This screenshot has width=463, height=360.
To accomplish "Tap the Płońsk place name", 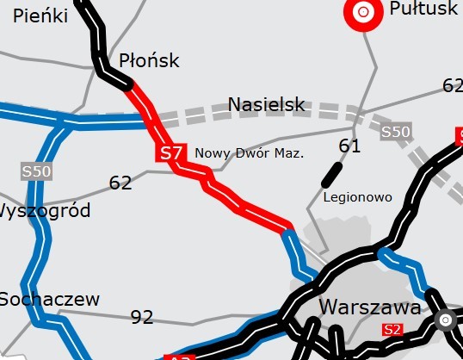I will click(149, 60).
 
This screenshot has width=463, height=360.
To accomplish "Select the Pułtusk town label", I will click(423, 9).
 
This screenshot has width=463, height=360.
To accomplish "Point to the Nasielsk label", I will click(267, 105).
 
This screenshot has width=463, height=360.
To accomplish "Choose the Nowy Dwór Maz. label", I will click(250, 153).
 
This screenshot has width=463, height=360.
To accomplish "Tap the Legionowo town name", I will click(357, 197).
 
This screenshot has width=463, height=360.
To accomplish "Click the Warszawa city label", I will click(369, 307).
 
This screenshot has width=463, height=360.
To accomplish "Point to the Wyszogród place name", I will click(43, 211).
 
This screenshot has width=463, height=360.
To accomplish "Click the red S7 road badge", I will click(170, 153).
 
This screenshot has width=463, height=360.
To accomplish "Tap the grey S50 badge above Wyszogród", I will click(37, 171).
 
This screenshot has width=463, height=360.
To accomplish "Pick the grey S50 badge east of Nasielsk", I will click(396, 132).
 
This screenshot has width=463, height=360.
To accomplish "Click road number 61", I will click(349, 146).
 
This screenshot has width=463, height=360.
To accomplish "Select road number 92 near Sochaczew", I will click(142, 317).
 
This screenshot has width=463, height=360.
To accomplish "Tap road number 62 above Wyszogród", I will click(120, 183).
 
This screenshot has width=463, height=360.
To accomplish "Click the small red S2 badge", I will click(392, 329).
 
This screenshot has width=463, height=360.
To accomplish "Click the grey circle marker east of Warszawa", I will click(445, 320).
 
